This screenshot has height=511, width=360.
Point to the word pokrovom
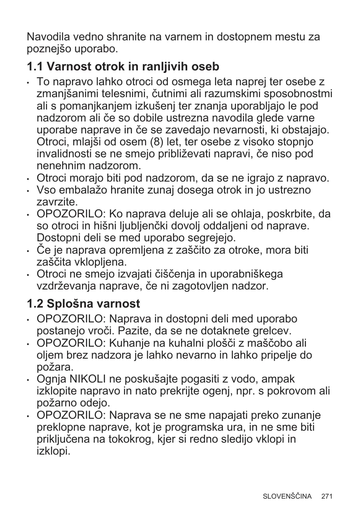click(x=294, y=391)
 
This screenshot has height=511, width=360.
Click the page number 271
click(x=327, y=496)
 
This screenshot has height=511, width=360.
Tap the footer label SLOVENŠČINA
click(x=287, y=496)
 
